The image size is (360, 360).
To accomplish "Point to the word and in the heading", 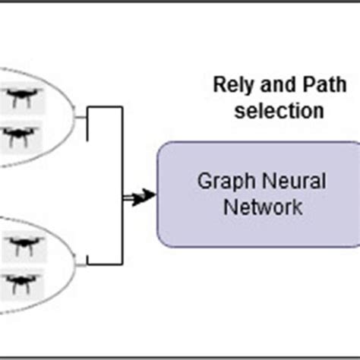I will point(267,83).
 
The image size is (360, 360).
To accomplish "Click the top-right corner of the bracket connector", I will point(122,109).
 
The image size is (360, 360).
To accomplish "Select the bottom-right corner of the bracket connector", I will point(122,266).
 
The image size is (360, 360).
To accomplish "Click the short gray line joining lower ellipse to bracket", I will point(81,264).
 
